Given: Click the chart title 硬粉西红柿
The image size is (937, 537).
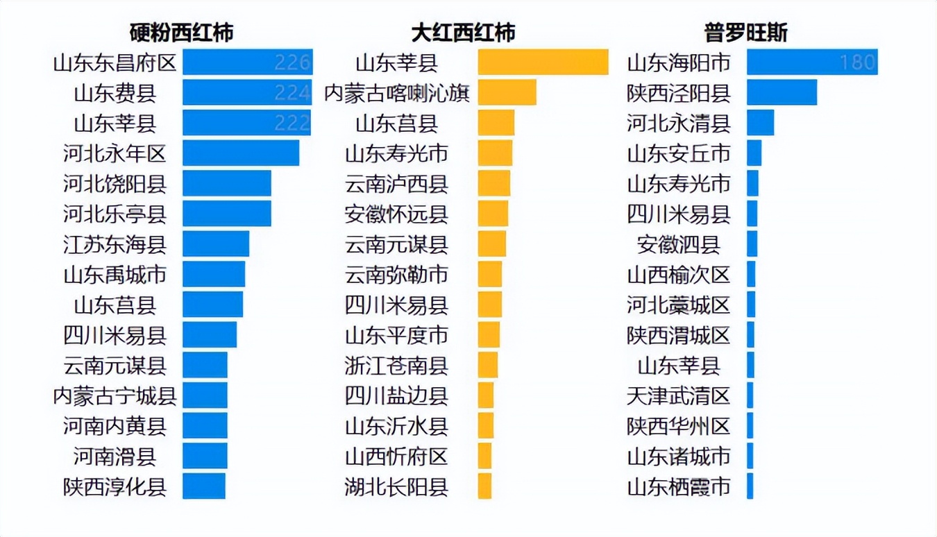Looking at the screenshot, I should click(181, 33).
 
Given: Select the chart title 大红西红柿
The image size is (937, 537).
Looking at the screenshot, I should click(464, 33).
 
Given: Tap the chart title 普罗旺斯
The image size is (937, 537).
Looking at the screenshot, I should click(745, 33).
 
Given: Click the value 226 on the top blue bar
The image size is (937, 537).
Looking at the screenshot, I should click(292, 62).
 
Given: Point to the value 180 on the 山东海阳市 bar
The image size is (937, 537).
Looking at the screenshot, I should click(857, 62).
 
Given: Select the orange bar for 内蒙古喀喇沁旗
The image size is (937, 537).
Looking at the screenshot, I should click(507, 92).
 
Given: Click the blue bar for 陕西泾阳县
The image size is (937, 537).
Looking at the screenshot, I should click(782, 92).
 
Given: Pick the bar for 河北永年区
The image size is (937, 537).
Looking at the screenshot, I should click(240, 153).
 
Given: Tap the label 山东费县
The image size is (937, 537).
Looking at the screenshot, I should click(115, 93).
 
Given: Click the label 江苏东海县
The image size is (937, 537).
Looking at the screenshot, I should click(115, 244).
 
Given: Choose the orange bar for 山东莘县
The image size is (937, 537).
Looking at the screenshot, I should click(543, 62).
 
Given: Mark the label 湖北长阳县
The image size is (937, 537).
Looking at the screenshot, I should click(396, 487).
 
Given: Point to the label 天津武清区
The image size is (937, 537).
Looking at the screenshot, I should click(679, 396).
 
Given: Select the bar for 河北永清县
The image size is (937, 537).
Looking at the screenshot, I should click(760, 123).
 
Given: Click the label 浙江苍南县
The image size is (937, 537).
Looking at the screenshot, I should click(396, 366).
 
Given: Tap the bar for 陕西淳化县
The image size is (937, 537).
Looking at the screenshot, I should click(204, 486).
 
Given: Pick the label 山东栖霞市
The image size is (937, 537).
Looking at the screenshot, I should click(679, 487).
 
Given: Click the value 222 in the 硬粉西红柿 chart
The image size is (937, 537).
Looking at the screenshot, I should click(292, 123).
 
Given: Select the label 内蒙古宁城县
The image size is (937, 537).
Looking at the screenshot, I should click(115, 396).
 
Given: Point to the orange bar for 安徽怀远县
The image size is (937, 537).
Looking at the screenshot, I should click(493, 214).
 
